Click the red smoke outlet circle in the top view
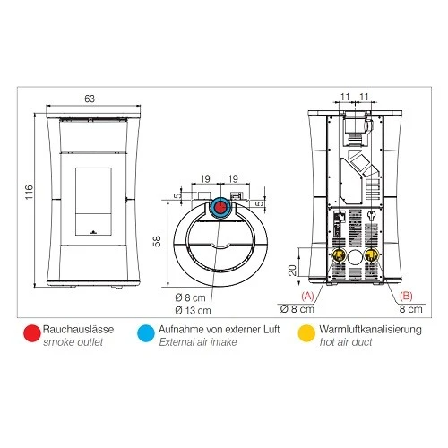click(220, 208)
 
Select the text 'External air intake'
click(198, 343)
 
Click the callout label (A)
click(306, 295)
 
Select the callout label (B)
click(407, 295)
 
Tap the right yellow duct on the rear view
click(370, 255)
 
